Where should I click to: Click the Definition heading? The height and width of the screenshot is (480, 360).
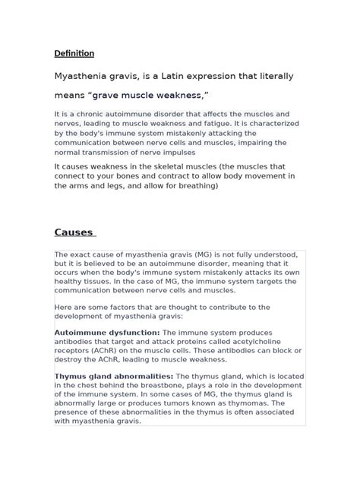pyautogui.click(x=74, y=53)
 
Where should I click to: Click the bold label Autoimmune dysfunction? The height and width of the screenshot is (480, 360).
pyautogui.click(x=101, y=332)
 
